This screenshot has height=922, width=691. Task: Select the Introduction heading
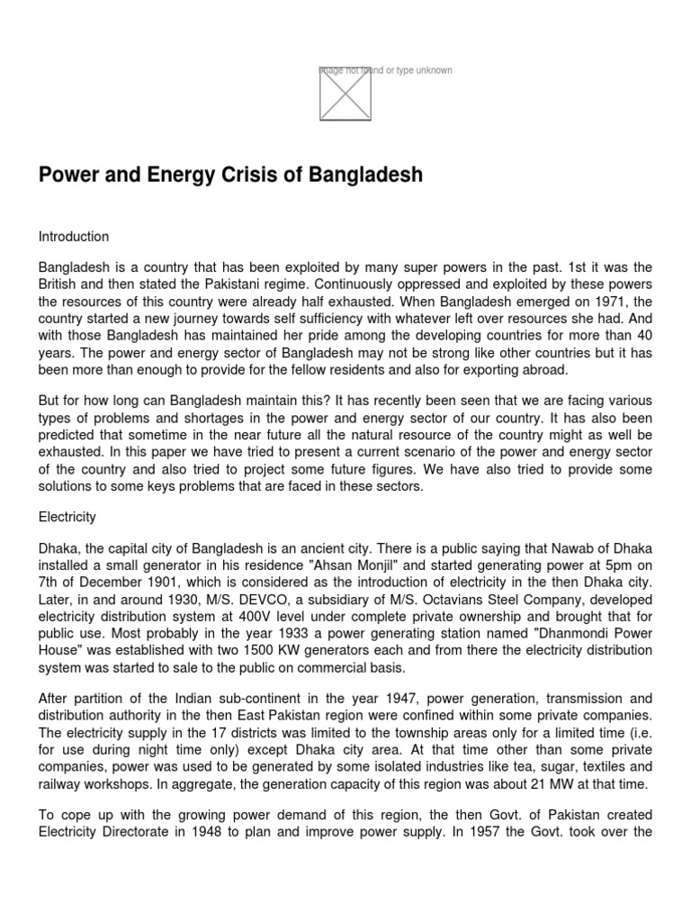tap(74, 237)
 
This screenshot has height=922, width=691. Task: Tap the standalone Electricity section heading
tap(67, 518)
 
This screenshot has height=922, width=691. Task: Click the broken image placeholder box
tap(345, 94)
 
